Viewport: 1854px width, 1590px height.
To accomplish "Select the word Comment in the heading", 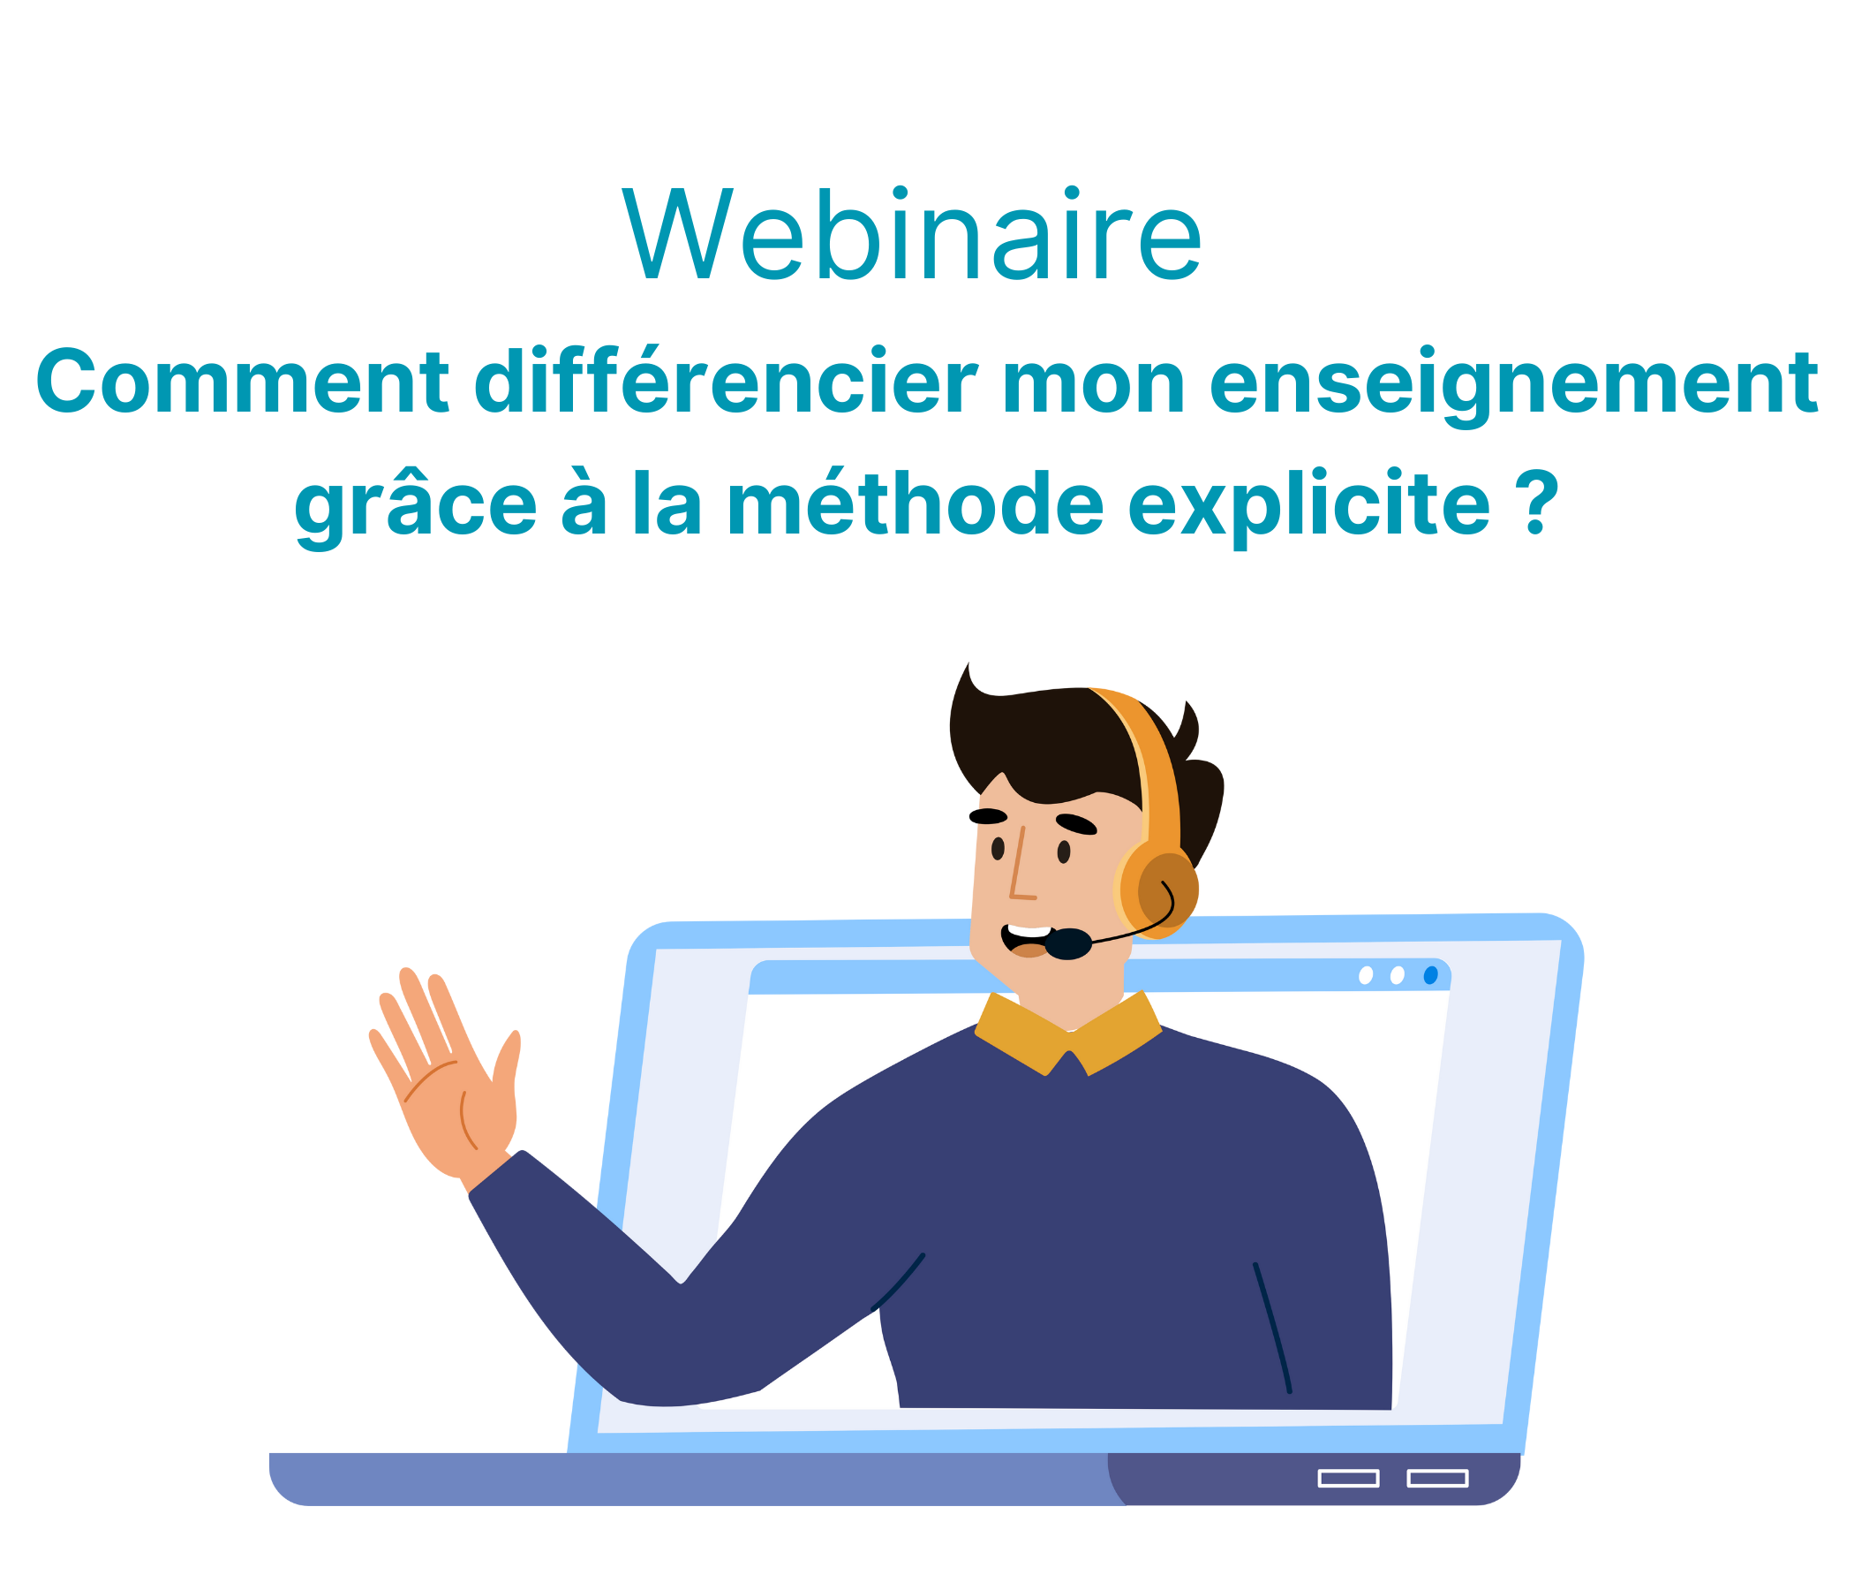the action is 242,381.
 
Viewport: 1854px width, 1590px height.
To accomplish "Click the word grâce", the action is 415,507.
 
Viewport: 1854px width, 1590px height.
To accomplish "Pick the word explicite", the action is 1308,507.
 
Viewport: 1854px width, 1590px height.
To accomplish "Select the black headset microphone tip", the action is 1067,943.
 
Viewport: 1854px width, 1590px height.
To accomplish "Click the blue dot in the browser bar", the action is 1431,975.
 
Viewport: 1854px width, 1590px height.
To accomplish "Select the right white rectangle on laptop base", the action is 1438,1479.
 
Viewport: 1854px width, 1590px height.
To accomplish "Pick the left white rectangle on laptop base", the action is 1348,1479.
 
